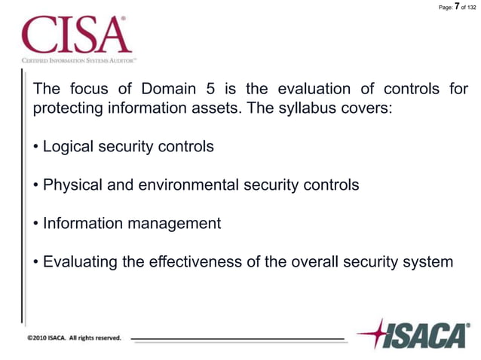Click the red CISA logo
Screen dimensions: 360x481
pyautogui.click(x=77, y=35)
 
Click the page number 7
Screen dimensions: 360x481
pyautogui.click(x=458, y=7)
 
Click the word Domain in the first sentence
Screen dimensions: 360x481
pyautogui.click(x=167, y=89)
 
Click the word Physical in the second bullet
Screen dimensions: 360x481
pyautogui.click(x=73, y=185)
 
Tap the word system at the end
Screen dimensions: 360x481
pyautogui.click(x=427, y=262)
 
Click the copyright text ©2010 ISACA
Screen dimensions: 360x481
pyautogui.click(x=74, y=338)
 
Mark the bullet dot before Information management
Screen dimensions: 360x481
pyautogui.click(x=36, y=224)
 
